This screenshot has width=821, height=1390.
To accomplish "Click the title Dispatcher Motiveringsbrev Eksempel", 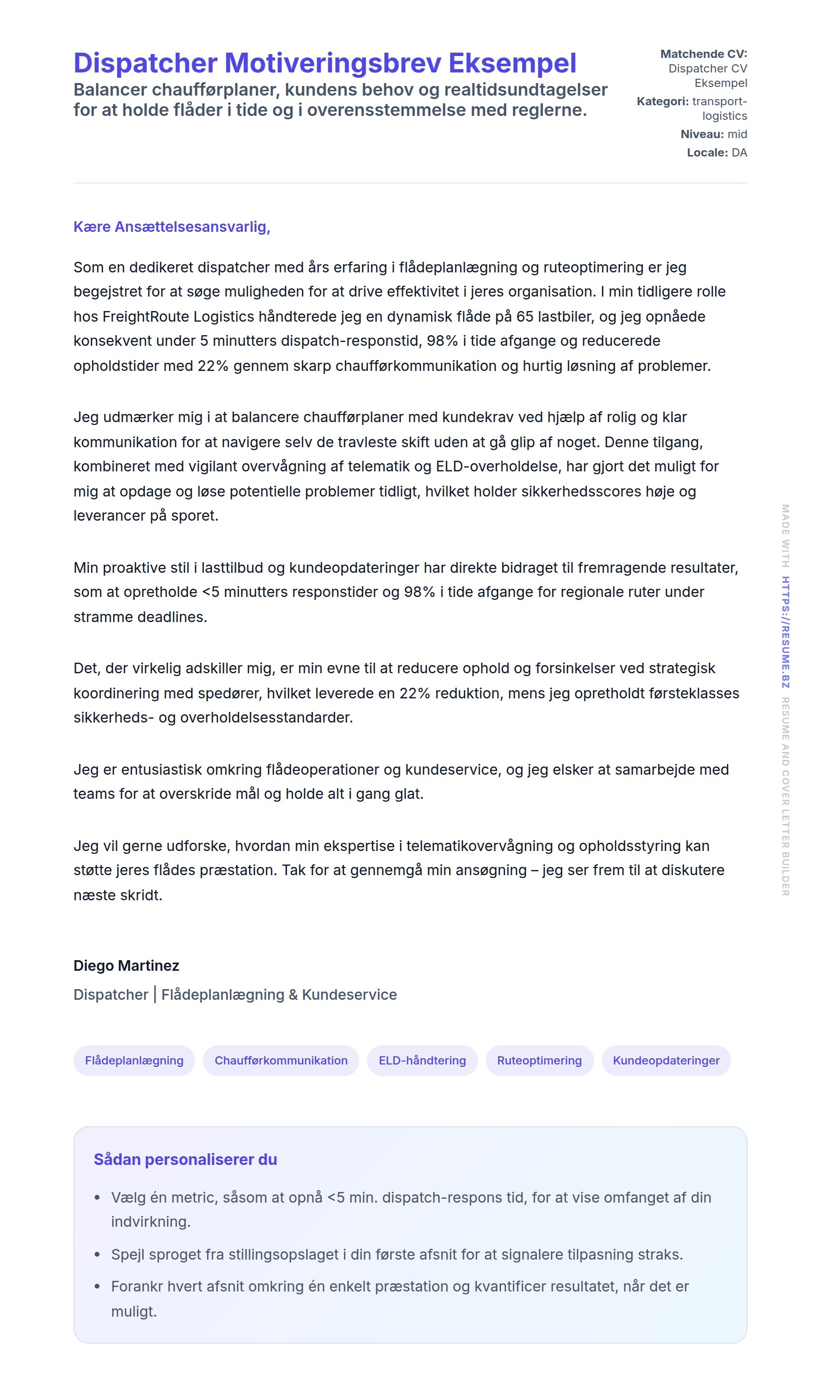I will point(325,63).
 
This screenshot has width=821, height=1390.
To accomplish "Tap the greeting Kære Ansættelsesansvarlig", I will point(171,227).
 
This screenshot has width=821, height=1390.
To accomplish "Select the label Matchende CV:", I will point(703,54).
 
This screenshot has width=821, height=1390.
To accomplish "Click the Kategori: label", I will point(662,101).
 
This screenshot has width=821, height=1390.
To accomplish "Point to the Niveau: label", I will point(702,134).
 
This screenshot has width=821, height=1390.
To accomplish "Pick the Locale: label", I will point(707,152).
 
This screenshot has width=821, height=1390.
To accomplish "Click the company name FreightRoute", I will point(145,316).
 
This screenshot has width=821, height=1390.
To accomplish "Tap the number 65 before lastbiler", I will point(524,316).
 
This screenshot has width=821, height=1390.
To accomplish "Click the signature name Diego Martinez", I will point(126,965).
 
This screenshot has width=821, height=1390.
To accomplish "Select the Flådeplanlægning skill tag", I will point(134,1060).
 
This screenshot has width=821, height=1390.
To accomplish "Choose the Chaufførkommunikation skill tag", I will point(281,1060).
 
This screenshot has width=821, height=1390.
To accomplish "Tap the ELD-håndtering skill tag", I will point(422,1060).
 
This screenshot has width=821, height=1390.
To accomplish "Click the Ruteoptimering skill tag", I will point(539,1060).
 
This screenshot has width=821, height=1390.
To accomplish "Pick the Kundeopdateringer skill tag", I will point(666,1060).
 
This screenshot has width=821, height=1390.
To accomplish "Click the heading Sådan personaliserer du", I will point(185,1159).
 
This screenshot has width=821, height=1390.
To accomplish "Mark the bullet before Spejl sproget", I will point(98,1254).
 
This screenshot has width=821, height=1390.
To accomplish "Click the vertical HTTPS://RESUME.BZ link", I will point(785,632).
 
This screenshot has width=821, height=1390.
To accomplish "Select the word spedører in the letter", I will point(232,693).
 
